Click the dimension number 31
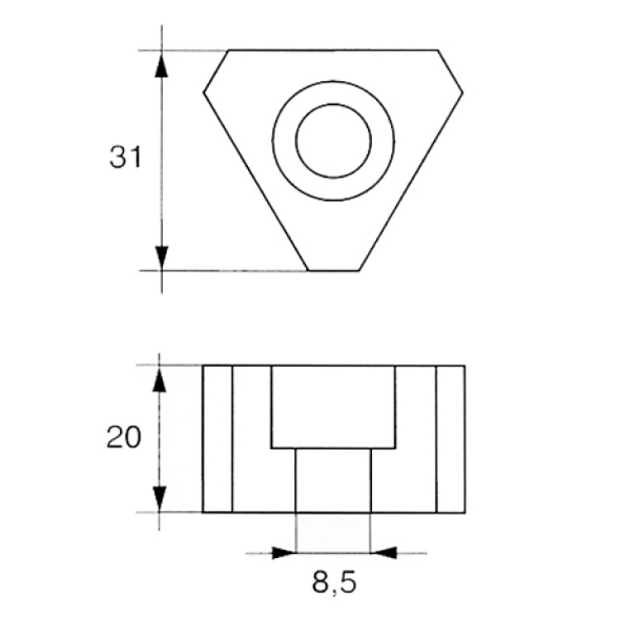click(125, 157)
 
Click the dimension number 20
click(124, 437)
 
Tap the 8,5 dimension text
click(334, 583)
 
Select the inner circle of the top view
click(333, 104)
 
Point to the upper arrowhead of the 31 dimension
click(161, 64)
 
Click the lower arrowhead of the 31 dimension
click(161, 259)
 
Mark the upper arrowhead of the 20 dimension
click(159, 379)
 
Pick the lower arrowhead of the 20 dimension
click(159, 499)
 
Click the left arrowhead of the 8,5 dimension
click(284, 553)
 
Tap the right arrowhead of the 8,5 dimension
click(384, 553)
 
